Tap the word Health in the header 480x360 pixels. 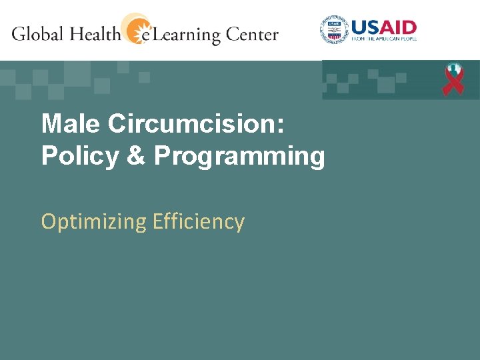pos(95,33)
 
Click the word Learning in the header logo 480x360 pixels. pos(183,35)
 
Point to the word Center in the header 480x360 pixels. pos(251,34)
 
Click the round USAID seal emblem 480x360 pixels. pos(334,30)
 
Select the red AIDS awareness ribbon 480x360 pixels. pos(454,79)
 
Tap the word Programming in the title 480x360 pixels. pos(240,157)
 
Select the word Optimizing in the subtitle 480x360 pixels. pos(93,222)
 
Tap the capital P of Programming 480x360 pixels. pos(161,156)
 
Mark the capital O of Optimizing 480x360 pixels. pos(48,221)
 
